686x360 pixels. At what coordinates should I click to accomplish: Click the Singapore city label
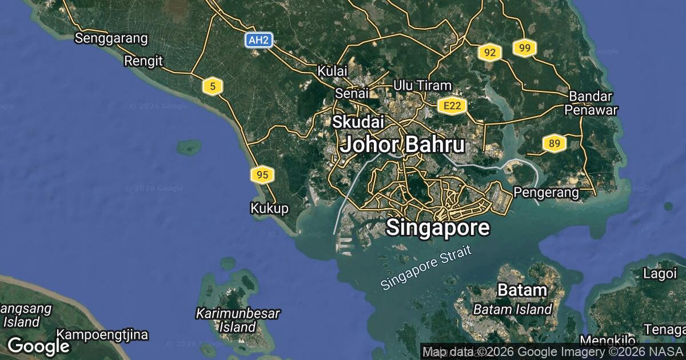438,227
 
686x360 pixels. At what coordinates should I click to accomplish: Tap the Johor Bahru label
402,145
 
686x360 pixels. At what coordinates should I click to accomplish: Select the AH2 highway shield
259,40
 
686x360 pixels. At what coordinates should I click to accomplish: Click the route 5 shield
213,86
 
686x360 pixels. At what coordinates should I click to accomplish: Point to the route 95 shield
262,175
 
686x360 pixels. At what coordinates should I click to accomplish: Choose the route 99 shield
524,48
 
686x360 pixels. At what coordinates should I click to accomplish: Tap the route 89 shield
554,143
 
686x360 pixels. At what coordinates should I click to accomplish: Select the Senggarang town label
111,39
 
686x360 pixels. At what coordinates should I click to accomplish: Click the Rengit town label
143,61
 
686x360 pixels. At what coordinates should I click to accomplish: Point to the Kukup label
269,208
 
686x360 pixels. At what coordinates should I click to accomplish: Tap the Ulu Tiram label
422,85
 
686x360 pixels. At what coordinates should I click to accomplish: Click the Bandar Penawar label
591,103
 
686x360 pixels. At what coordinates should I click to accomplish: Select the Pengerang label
547,193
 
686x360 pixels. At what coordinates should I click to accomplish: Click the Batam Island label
513,310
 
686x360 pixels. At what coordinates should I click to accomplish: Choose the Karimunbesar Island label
238,320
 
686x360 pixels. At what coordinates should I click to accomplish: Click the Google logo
38,346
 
